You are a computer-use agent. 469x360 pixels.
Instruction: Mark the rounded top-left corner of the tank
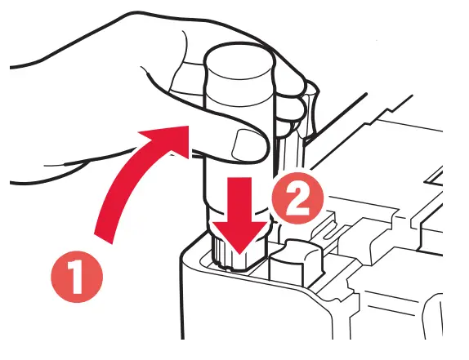point(190,245)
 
